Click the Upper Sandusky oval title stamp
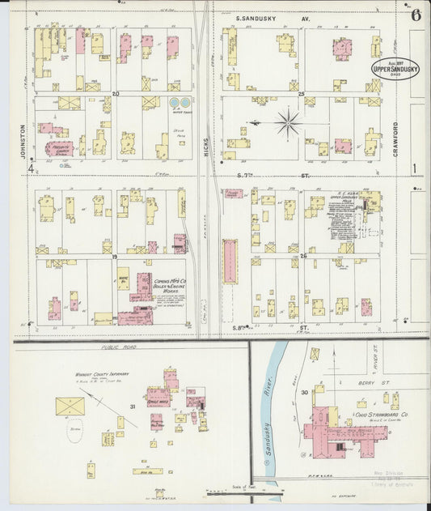pyautogui.click(x=394, y=69)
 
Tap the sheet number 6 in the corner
pyautogui.click(x=416, y=15)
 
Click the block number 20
pyautogui.click(x=116, y=94)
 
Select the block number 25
pyautogui.click(x=301, y=94)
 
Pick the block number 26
pyautogui.click(x=303, y=256)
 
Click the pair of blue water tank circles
pyautogui.click(x=180, y=103)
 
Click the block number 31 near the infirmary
pyautogui.click(x=133, y=406)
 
